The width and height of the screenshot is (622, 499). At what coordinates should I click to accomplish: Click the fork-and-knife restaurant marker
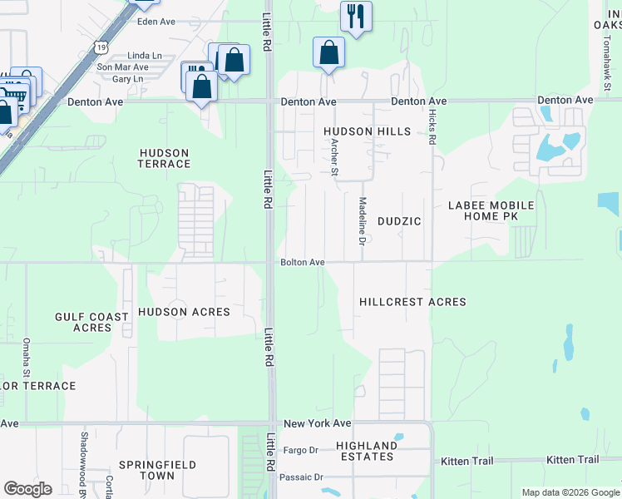coord(356,17)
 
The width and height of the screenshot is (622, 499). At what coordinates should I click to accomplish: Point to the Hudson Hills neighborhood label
coord(367,131)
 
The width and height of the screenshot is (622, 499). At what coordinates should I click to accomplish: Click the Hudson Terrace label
coord(165,158)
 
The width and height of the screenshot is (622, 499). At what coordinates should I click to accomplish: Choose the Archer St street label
coord(335,156)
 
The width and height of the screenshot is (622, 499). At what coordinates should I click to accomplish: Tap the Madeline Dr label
coord(362,221)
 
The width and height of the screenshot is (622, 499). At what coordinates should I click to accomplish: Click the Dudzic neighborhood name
coord(399,221)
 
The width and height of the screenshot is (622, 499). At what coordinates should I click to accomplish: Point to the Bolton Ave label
coord(302,262)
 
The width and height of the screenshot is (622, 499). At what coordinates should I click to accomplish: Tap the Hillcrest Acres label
coord(412,302)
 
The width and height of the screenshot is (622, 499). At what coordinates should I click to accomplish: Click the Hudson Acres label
coord(183,312)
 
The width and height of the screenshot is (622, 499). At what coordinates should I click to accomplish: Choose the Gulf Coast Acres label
coord(91,322)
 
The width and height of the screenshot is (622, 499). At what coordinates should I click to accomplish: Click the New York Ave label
coord(317,423)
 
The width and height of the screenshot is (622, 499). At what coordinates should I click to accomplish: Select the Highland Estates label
coord(365,451)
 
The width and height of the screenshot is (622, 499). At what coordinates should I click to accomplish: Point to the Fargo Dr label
coord(301,450)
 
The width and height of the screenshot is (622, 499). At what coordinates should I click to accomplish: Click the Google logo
coord(27,489)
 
